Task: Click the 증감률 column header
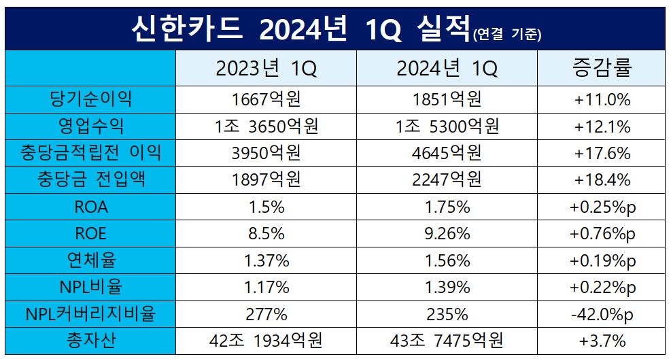click(602, 69)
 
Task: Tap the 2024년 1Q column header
click(447, 69)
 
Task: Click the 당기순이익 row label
click(91, 100)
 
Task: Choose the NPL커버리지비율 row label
click(91, 314)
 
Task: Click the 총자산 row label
click(91, 341)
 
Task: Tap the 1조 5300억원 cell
click(447, 126)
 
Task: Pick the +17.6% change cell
click(602, 154)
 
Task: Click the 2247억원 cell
click(447, 180)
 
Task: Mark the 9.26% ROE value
click(447, 234)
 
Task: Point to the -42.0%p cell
click(602, 314)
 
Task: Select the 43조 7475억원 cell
click(447, 341)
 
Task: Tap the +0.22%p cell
click(602, 288)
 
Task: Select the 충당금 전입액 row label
click(91, 180)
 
